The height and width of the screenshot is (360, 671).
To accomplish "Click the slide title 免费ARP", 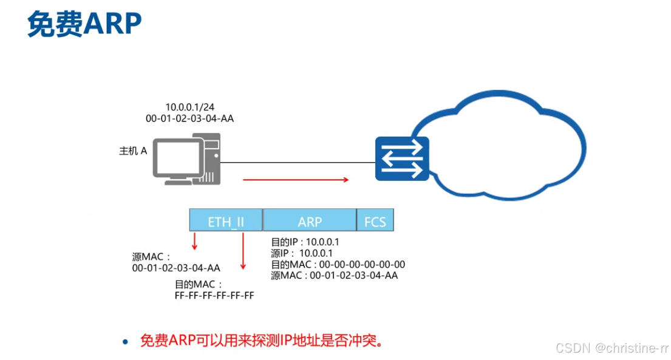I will [84, 24].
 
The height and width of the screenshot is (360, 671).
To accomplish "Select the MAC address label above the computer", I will [189, 119].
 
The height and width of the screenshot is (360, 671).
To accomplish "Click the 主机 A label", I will [133, 151].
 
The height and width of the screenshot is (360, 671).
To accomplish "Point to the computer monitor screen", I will [177, 159].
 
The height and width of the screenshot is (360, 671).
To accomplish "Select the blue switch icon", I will [401, 158].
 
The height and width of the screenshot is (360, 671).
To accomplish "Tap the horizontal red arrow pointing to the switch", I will [296, 180].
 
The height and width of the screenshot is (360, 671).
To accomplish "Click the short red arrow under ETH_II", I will [195, 241].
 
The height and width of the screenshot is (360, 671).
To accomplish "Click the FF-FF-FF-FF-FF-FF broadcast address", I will [214, 296].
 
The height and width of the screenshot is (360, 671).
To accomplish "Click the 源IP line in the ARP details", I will [301, 253].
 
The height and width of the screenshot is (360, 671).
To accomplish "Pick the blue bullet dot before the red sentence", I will [126, 342].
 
